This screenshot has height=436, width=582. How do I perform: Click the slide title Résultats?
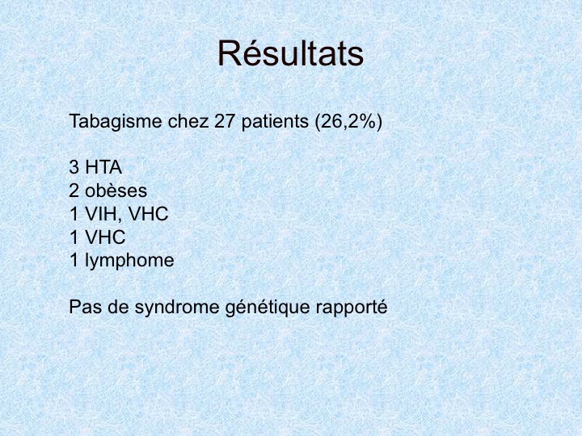tap(290, 54)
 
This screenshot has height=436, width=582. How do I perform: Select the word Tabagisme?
tap(116, 122)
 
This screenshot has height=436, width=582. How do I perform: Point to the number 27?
tap(225, 121)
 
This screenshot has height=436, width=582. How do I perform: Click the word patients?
tap(275, 122)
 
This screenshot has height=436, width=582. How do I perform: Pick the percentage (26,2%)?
tap(348, 122)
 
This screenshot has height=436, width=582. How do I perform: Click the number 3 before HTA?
tap(74, 167)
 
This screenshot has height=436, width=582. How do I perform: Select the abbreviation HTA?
tap(103, 167)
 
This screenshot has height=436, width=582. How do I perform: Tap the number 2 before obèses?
tap(74, 191)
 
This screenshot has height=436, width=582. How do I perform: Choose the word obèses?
tap(116, 191)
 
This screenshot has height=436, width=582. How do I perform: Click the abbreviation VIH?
tap(102, 214)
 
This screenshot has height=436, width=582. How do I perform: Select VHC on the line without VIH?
tap(105, 237)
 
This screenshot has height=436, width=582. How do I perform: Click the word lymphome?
tap(129, 261)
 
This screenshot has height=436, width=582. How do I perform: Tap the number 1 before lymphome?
tap(74, 260)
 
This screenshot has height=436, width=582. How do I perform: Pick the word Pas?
tap(86, 307)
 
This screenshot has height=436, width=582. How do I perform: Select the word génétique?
tap(268, 308)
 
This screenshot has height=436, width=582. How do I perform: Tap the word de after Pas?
tap(118, 306)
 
